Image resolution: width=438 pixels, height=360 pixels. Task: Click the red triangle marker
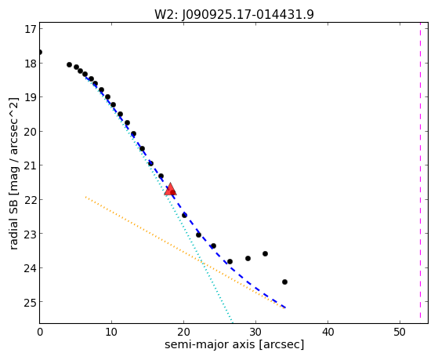(x=170, y=189)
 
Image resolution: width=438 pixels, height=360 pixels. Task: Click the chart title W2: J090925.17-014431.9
(x=234, y=15)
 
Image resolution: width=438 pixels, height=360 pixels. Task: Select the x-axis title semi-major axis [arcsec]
(x=234, y=344)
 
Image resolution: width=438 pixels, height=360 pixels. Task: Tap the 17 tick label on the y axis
(x=31, y=29)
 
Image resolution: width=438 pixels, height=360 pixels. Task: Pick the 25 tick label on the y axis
(x=31, y=302)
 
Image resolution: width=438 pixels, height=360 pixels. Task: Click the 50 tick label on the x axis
(x=400, y=333)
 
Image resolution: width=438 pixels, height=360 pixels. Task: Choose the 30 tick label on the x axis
(x=255, y=333)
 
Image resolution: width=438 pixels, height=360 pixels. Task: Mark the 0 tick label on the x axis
(x=40, y=333)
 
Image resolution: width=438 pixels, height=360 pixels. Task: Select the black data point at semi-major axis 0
(x=40, y=52)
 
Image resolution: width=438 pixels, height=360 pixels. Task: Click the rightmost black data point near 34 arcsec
(x=284, y=282)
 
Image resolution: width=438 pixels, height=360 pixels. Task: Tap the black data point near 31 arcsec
(x=265, y=253)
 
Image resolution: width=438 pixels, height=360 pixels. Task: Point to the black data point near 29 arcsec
(x=248, y=258)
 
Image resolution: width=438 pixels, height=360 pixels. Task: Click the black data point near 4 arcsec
(x=69, y=64)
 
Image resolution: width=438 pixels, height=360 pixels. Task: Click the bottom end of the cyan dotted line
(x=233, y=322)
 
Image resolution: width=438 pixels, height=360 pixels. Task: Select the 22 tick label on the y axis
(x=31, y=200)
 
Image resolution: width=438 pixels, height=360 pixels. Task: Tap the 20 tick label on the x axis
(x=183, y=333)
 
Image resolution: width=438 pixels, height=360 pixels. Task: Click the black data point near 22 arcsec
(x=198, y=235)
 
